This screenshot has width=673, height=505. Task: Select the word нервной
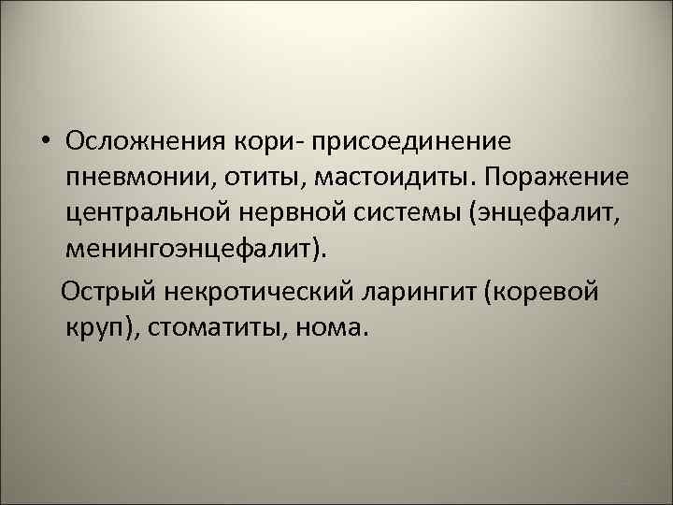pyautogui.click(x=301, y=214)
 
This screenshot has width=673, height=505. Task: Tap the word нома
pyautogui.click(x=335, y=328)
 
